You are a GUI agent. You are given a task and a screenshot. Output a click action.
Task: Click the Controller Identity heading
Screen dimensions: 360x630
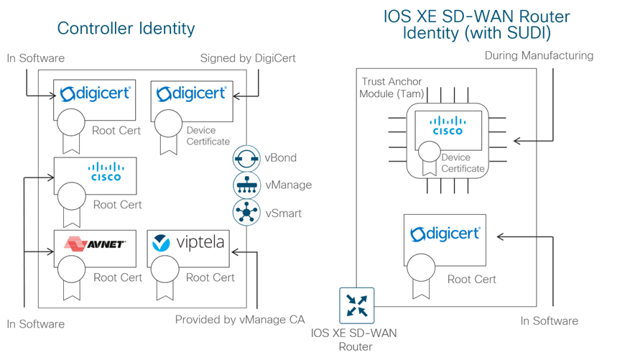(126, 29)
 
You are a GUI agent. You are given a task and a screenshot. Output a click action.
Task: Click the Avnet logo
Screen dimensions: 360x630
(96, 244)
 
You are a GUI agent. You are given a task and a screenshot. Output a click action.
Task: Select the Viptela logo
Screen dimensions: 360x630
(189, 244)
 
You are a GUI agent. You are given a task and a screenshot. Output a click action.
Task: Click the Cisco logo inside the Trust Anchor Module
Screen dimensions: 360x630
(447, 127)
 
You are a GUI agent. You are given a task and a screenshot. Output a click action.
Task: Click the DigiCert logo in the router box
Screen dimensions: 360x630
(445, 234)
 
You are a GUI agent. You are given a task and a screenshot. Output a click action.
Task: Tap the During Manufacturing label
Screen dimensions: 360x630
(539, 55)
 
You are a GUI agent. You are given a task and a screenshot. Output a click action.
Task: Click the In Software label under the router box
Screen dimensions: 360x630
(549, 320)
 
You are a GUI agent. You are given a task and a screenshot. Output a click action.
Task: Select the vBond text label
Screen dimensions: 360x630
(282, 157)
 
